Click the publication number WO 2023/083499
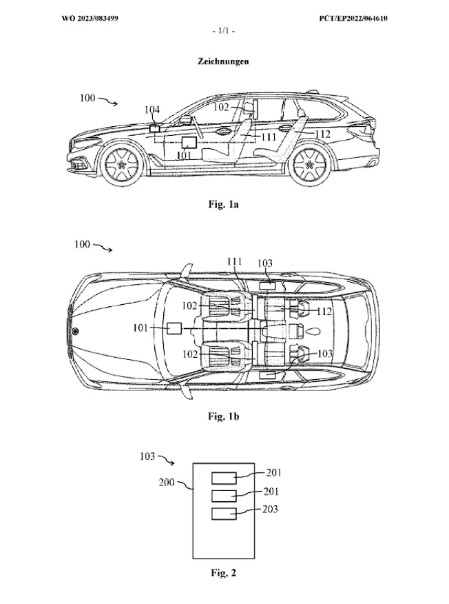(90, 18)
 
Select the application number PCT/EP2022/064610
(353, 18)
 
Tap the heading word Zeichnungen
(223, 61)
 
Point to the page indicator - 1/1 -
(224, 31)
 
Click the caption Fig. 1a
(224, 204)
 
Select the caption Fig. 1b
(224, 416)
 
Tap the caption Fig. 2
(224, 573)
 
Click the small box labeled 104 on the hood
(156, 128)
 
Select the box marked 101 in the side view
(189, 143)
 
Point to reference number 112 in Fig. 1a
(322, 134)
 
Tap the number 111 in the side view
(269, 137)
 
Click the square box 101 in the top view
(174, 329)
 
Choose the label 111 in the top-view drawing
(234, 262)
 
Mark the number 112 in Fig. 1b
(324, 311)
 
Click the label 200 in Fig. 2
(167, 482)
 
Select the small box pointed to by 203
(224, 514)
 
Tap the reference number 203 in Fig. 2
(270, 510)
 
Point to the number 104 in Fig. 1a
(152, 110)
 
